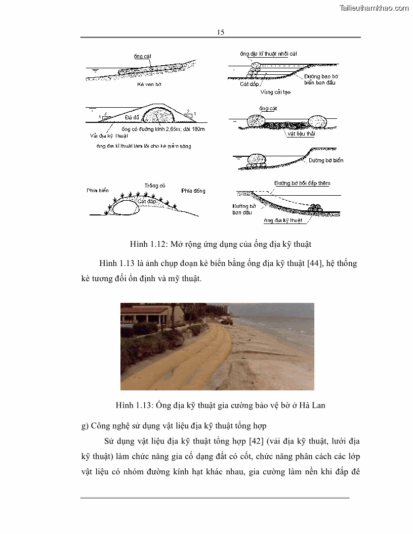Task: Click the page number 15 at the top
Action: tap(221, 32)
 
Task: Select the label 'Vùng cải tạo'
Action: tap(275, 93)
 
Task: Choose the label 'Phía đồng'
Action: tap(193, 191)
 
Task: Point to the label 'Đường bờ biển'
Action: tap(326, 160)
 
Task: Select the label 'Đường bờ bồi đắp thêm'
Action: tap(302, 183)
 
